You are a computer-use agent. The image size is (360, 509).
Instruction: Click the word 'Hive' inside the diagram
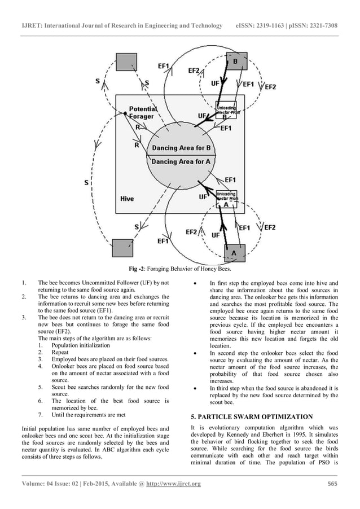pyautogui.click(x=127, y=199)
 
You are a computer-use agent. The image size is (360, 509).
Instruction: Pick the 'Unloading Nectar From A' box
pyautogui.click(x=227, y=199)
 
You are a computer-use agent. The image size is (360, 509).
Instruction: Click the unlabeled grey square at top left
pyautogui.click(x=125, y=63)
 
